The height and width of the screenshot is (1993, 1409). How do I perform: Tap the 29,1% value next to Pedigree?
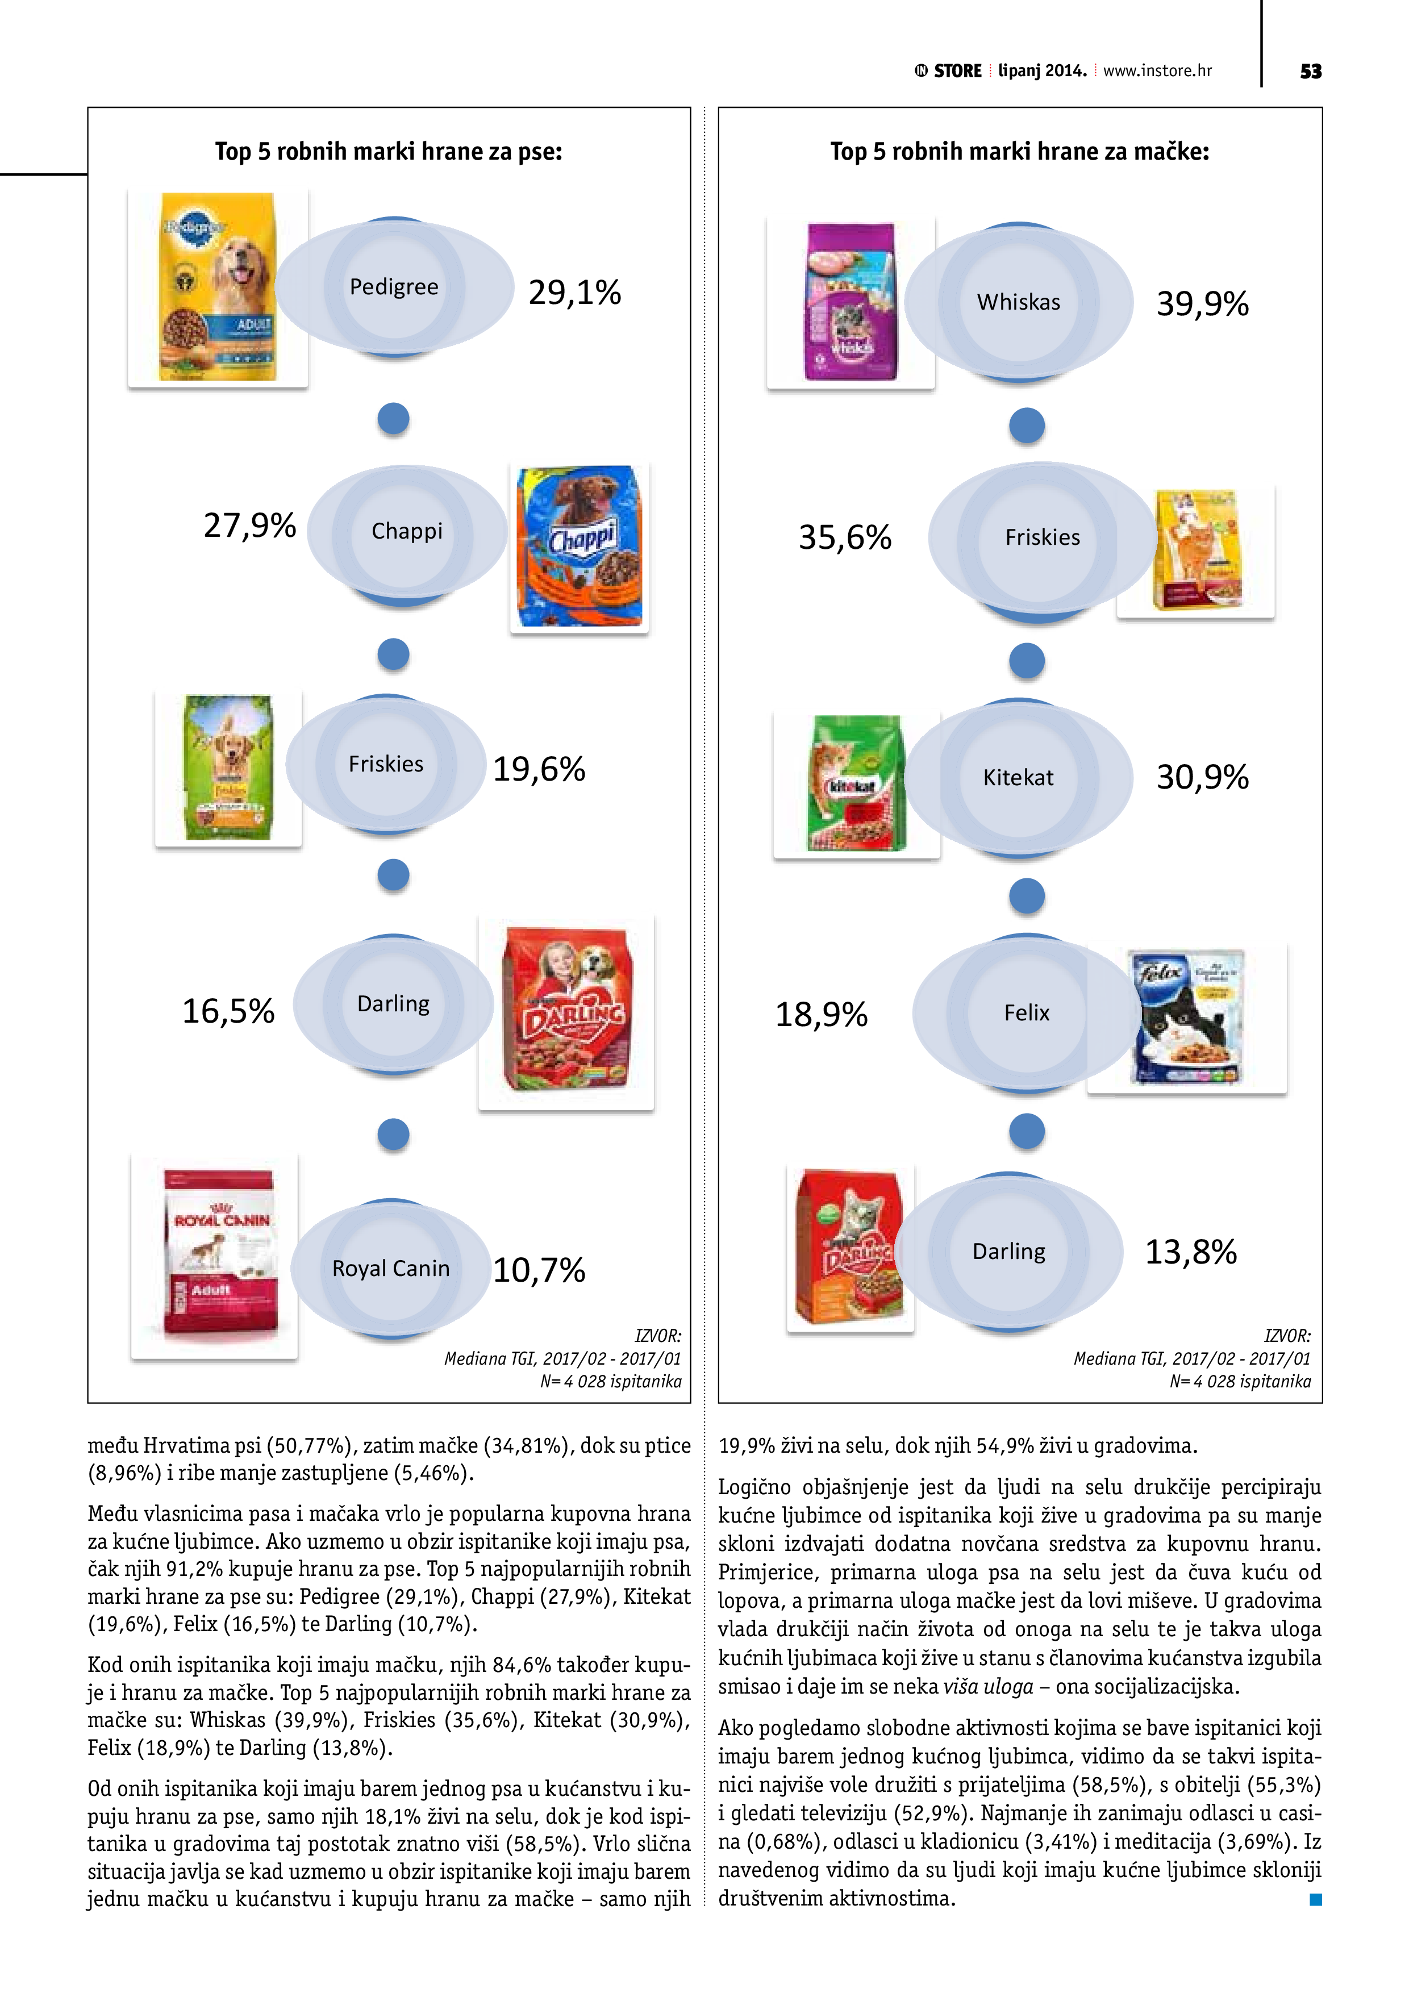[x=575, y=293]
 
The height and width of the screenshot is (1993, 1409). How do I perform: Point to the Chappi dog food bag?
[x=579, y=547]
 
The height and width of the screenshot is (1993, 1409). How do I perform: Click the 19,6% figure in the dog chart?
[x=539, y=770]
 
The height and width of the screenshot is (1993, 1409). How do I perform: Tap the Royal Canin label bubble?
[x=391, y=1269]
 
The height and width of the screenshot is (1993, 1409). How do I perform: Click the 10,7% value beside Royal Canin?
[x=539, y=1271]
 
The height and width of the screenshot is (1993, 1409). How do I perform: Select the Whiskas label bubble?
[x=1018, y=302]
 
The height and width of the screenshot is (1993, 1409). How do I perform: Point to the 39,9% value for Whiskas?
[x=1202, y=305]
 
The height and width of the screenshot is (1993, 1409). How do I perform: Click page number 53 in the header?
[x=1310, y=71]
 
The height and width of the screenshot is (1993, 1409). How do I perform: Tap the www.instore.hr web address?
[x=1157, y=71]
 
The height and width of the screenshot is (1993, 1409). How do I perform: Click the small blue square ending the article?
[x=1315, y=1899]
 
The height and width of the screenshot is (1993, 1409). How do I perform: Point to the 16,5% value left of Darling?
[x=228, y=1011]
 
